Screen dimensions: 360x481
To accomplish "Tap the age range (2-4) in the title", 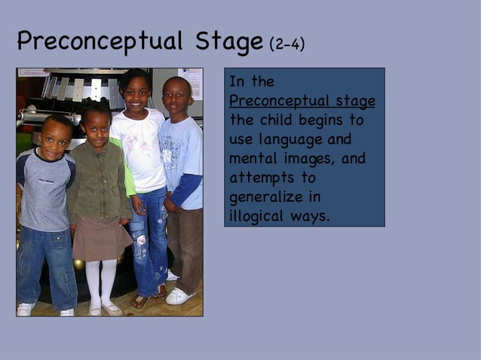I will coord(286,44).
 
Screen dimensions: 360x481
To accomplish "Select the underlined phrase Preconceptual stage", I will coord(302,101).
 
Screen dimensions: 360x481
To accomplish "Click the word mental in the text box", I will coord(250,159).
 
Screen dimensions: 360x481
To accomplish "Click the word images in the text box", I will coord(308,159).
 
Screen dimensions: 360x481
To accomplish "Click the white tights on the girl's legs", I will coord(101,282).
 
